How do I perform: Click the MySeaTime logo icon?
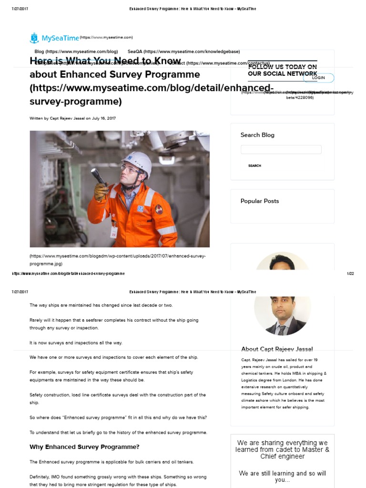[x=34, y=38]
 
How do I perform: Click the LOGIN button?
[x=318, y=78]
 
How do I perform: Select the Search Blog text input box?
[x=281, y=150]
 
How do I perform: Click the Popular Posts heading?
[x=260, y=201]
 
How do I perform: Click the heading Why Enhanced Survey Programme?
[x=84, y=447]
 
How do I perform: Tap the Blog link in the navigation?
[x=76, y=51]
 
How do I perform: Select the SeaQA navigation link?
[x=183, y=51]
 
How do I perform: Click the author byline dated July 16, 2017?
[x=72, y=118]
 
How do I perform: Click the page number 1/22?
[x=350, y=274]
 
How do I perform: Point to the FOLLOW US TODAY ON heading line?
[x=282, y=67]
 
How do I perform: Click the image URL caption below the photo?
[x=118, y=260]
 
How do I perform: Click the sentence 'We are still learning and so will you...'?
[x=282, y=477]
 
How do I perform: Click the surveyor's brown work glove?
[x=101, y=191]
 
